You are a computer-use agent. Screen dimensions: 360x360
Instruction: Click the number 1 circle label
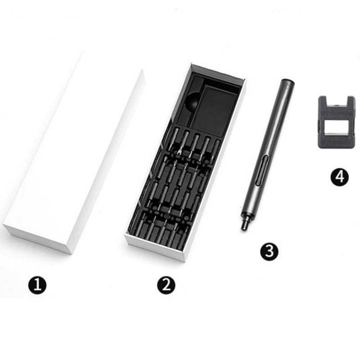(x=37, y=285)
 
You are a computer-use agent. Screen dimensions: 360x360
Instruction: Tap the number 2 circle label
(x=166, y=285)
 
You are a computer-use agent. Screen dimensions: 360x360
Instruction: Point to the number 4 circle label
(x=340, y=177)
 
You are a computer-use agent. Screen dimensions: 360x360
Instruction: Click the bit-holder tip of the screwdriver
(x=244, y=222)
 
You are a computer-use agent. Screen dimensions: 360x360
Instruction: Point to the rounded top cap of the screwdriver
(x=287, y=83)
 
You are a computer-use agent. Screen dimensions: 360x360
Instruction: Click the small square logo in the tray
(x=167, y=216)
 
